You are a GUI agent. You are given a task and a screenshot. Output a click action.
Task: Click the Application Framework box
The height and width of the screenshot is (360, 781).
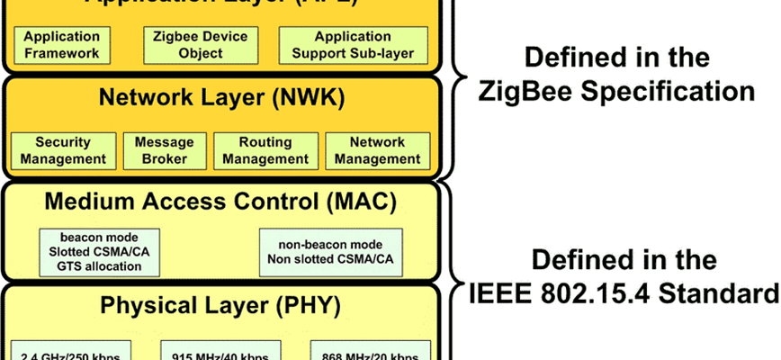(62, 45)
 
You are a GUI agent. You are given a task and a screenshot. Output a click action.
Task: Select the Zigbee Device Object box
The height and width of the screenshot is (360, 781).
(195, 45)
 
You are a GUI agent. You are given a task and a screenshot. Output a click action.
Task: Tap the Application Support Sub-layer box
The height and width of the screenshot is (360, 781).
(353, 45)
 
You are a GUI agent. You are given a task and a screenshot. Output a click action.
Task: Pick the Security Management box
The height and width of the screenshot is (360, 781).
(64, 150)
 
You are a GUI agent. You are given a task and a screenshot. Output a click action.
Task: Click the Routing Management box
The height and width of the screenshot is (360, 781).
(265, 150)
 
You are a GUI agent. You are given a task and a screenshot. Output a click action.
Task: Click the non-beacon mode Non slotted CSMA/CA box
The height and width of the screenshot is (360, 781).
(331, 251)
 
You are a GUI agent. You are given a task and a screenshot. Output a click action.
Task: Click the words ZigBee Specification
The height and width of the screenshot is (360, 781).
(616, 91)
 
